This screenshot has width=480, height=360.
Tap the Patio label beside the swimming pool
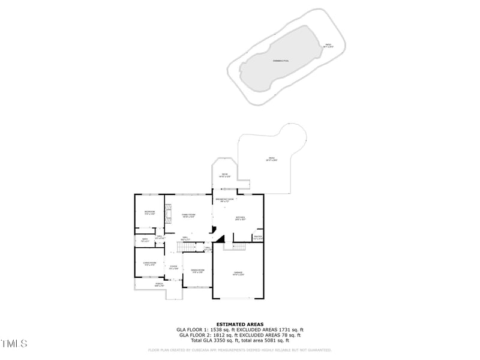coord(328,46)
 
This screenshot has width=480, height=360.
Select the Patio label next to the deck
coord(272,159)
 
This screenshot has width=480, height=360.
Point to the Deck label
coord(224,175)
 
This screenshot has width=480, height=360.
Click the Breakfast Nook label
coord(225,200)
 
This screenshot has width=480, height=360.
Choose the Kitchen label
coord(240,218)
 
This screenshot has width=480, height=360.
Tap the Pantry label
coord(258,238)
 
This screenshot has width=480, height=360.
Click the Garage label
coord(238,274)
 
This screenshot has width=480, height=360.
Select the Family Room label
coord(189,215)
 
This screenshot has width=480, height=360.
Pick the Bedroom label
coord(149,212)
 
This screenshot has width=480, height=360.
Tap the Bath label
coord(145,241)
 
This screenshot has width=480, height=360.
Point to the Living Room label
coord(149,263)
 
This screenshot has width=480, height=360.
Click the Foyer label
coord(173,268)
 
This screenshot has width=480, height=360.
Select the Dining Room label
coord(197,271)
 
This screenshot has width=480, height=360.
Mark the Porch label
coord(159,285)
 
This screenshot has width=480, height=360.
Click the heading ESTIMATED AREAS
coord(239,324)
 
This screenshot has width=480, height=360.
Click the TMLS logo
coord(14,344)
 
